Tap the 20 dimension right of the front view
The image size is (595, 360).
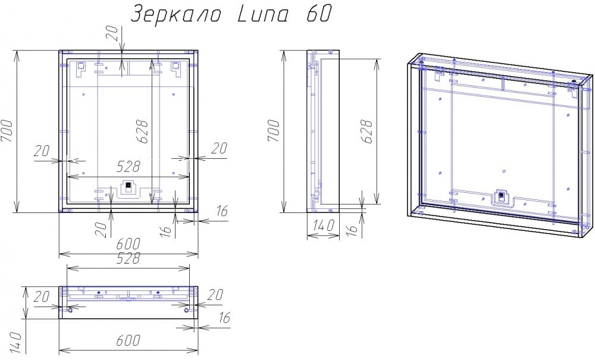coord(219,149)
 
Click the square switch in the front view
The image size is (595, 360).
coord(126,189)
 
